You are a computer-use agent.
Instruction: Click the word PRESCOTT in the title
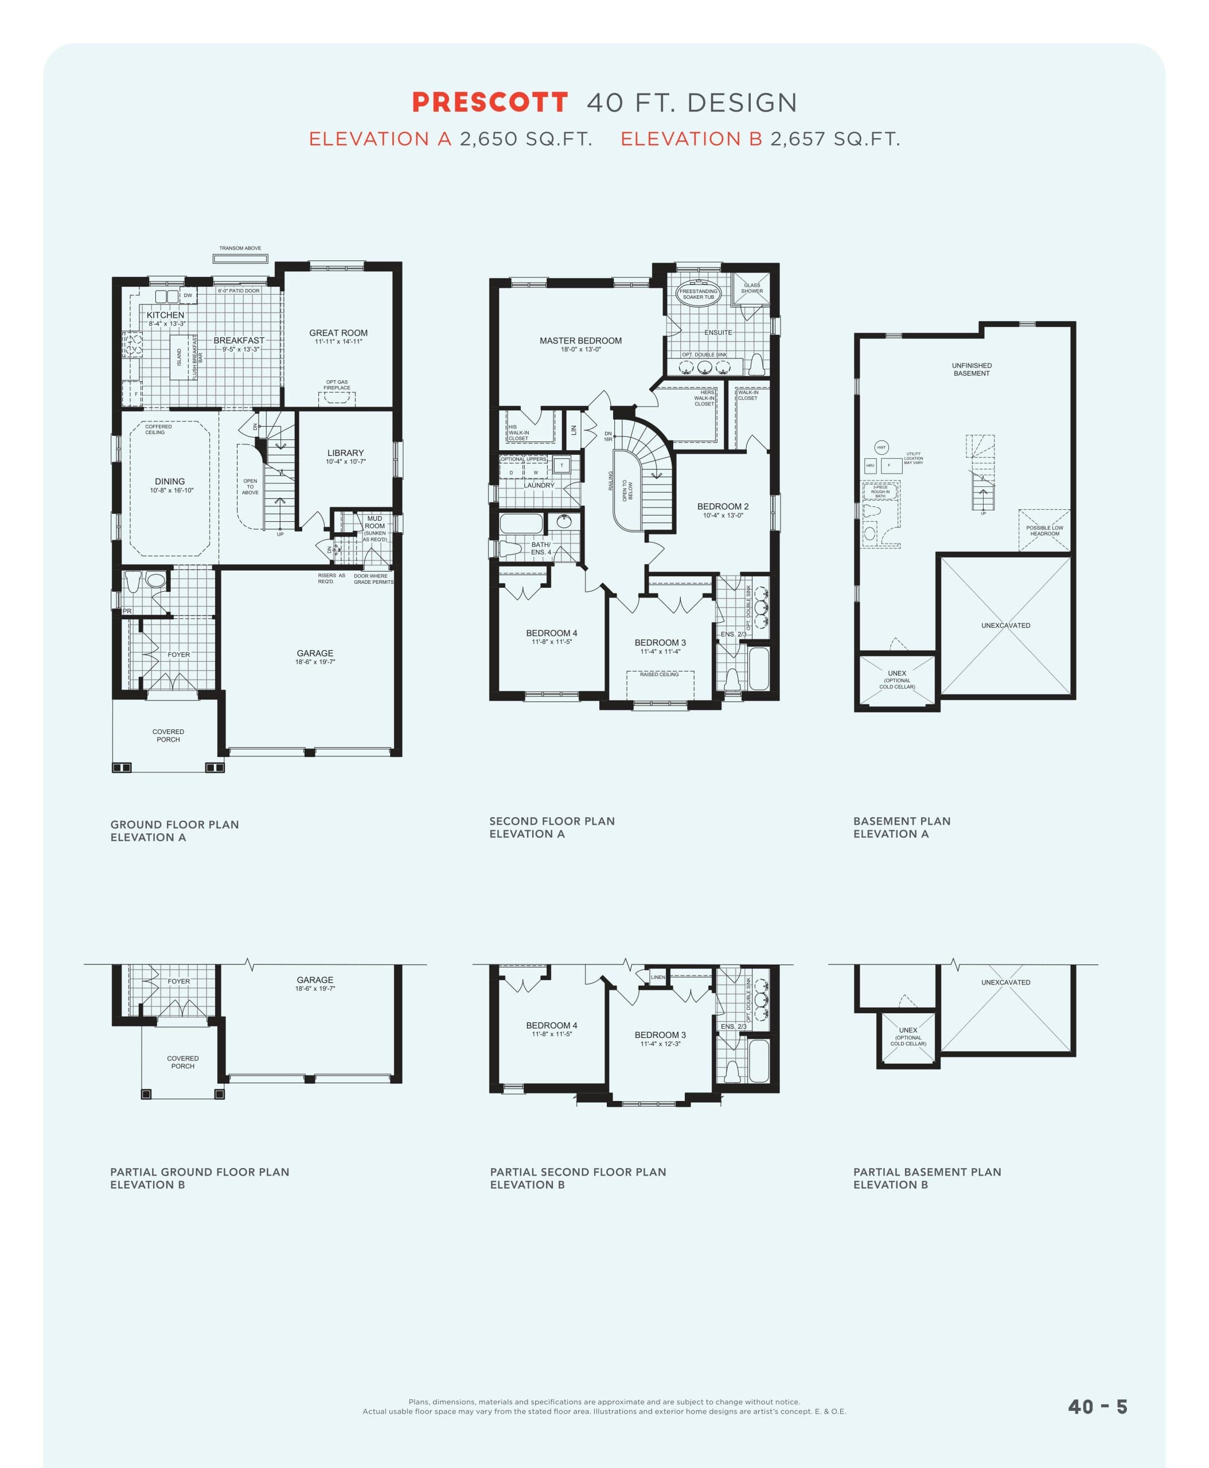[490, 103]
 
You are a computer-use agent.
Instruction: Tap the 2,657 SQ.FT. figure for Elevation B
[834, 139]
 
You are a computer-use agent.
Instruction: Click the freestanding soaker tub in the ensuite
[699, 293]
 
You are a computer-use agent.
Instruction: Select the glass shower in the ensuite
[751, 288]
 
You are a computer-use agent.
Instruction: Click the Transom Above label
[240, 248]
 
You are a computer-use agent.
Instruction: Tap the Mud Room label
[375, 522]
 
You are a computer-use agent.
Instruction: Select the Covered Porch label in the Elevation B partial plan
[182, 1062]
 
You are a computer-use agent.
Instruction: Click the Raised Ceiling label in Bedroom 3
[659, 674]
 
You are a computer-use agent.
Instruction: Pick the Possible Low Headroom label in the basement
[1044, 530]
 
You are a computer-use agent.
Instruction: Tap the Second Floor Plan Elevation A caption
[552, 827]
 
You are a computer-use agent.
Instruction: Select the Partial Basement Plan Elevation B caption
[927, 1178]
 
